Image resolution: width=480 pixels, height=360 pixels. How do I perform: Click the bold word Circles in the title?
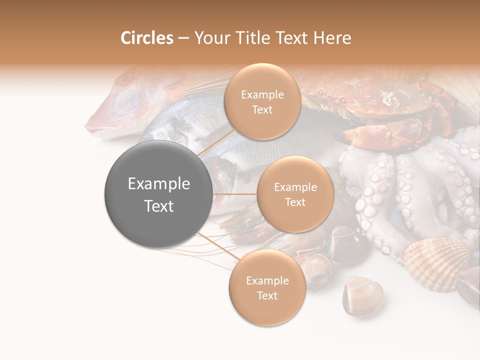146,38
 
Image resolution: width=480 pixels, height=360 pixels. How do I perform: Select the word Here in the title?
332,38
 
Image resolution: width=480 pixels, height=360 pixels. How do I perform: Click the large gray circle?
158,194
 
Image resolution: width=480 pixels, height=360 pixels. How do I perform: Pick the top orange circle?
262,101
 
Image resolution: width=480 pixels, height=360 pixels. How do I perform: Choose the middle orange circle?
295,194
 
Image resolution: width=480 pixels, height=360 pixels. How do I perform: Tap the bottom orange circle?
267,287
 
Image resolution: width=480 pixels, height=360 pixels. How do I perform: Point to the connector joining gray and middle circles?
234,194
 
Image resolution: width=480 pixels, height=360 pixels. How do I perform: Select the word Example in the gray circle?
158,184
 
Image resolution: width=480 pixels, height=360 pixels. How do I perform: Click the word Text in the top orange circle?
262,110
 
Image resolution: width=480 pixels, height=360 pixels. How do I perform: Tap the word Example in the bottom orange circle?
267,280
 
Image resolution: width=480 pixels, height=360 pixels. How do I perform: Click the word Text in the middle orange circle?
295,202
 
